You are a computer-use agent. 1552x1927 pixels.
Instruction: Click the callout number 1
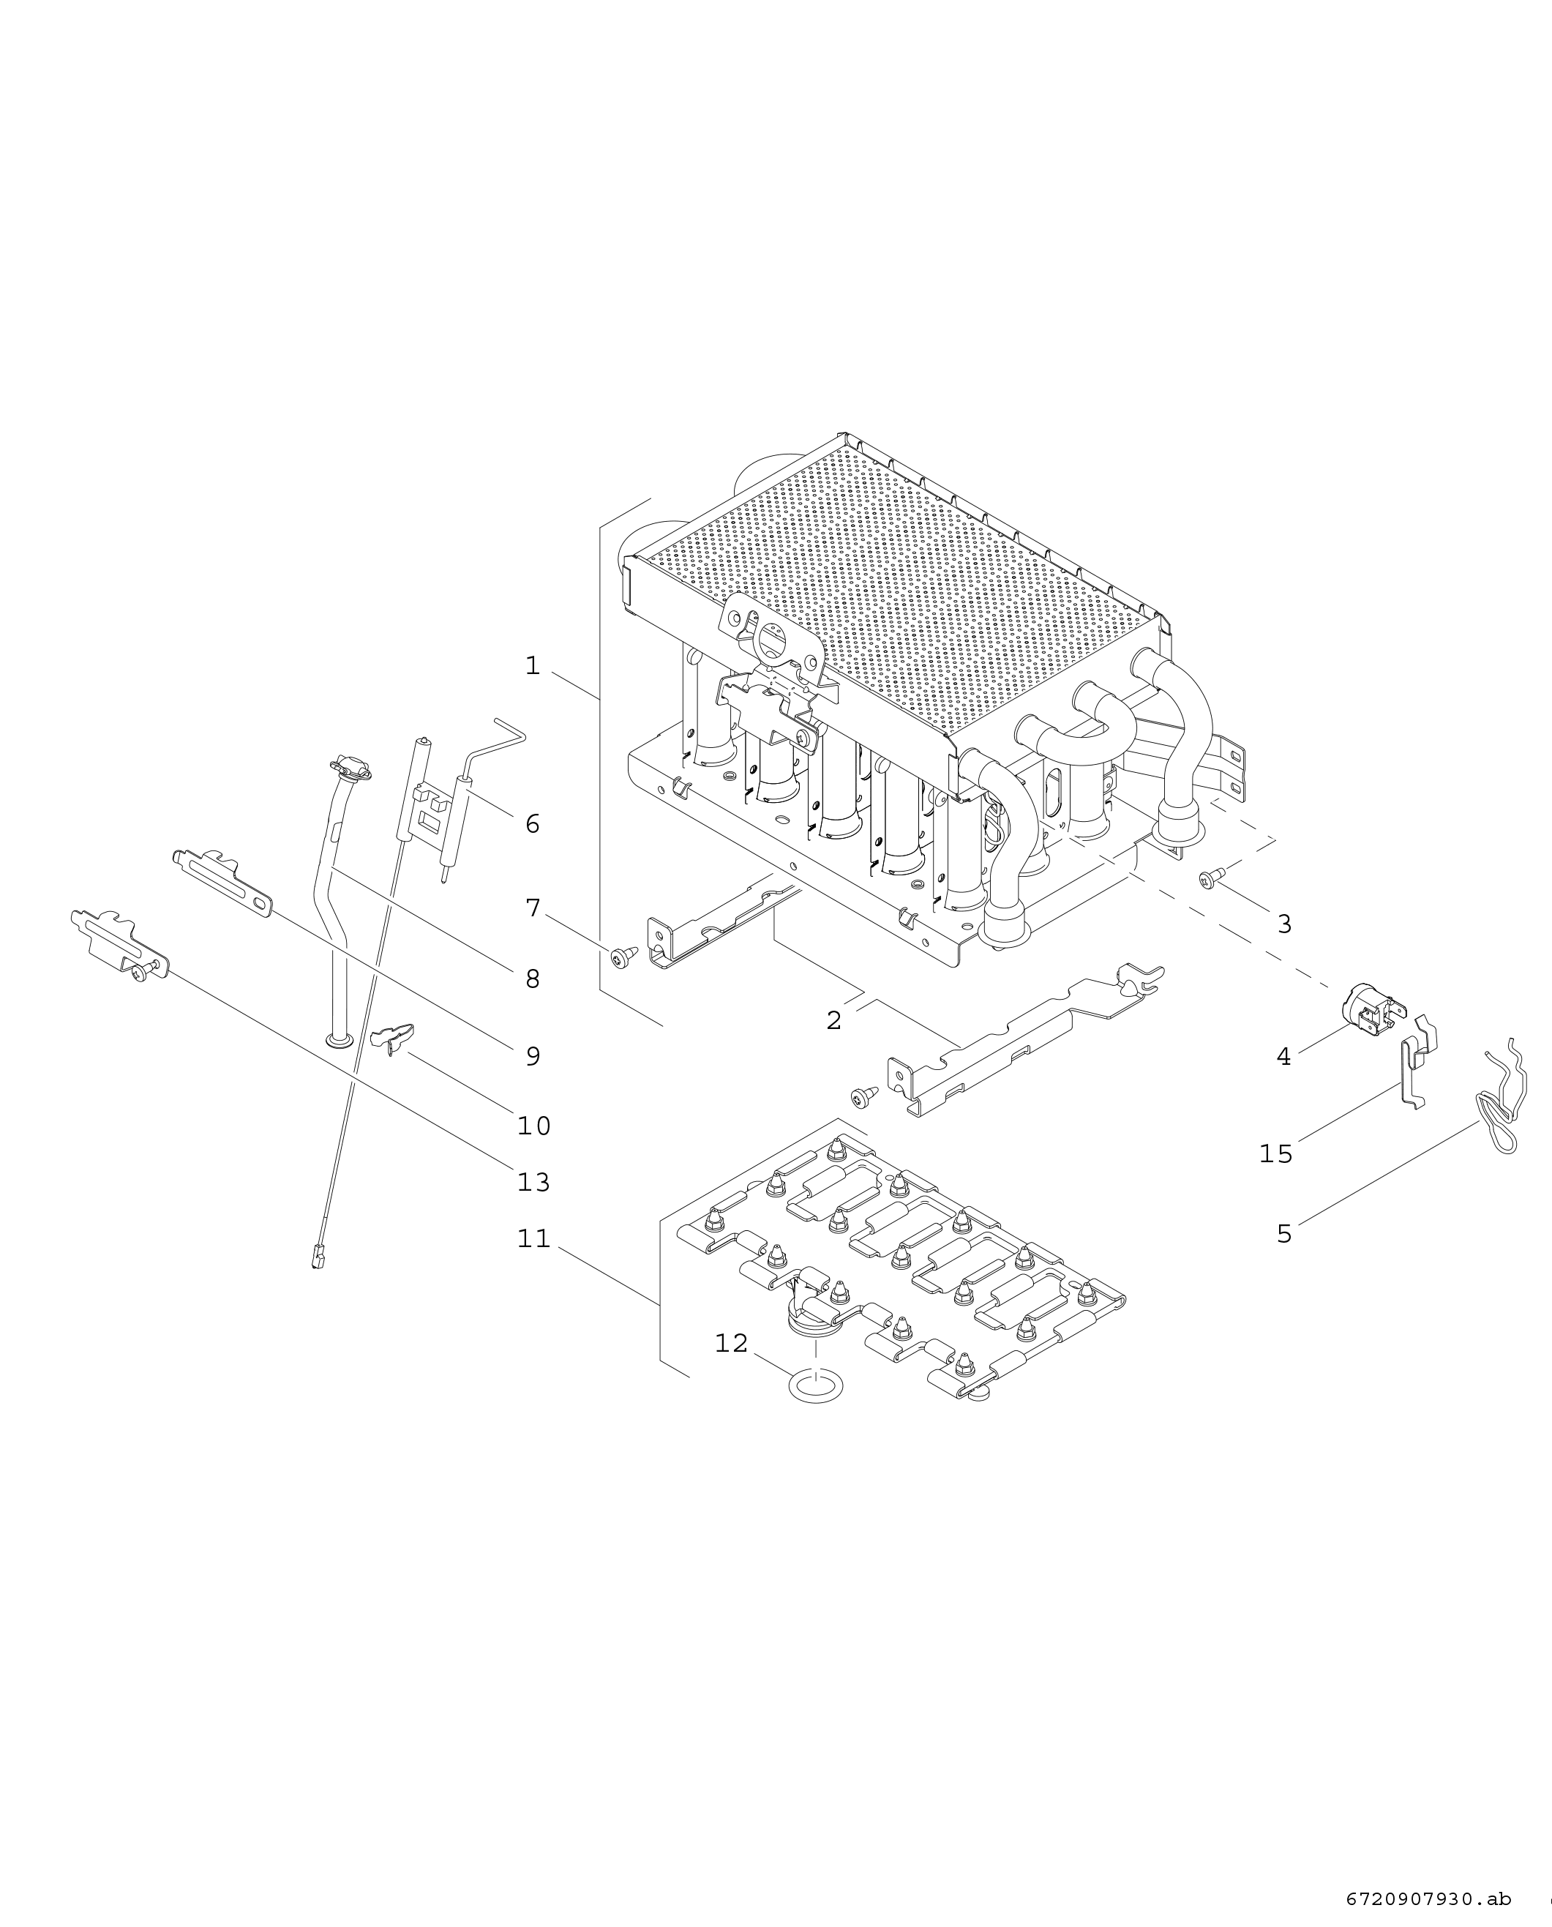[x=533, y=666]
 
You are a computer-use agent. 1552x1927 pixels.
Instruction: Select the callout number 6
[x=532, y=823]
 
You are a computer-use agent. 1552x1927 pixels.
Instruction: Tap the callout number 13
[x=533, y=1182]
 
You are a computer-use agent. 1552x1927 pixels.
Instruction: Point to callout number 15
[x=1275, y=1154]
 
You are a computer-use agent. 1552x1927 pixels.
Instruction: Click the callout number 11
[x=533, y=1238]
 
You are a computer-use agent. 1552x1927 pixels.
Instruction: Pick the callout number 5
[x=1283, y=1234]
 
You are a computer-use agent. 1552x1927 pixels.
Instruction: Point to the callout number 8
[x=533, y=979]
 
